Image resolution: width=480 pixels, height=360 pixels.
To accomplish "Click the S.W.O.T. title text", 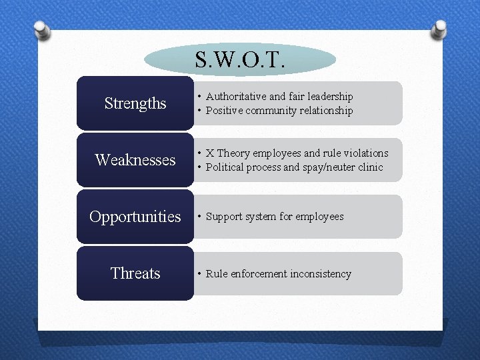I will point(240,61).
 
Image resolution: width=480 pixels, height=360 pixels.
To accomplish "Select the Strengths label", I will point(135,103).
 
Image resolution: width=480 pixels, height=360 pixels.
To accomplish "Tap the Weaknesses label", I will point(135,160).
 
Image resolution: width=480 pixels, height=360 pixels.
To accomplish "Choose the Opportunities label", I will point(135,217).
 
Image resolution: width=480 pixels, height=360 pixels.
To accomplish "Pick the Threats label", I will point(135,273).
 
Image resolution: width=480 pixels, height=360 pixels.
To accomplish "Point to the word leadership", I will point(328,97).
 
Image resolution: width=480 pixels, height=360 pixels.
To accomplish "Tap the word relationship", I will point(326,111).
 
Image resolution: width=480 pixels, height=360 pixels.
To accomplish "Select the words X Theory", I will point(228,153).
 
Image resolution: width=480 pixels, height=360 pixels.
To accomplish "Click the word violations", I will point(363,153).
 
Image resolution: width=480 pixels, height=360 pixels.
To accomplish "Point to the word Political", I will point(226,167).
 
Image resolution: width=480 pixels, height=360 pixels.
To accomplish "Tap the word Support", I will point(224,217).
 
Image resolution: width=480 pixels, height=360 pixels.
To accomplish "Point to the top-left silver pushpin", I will point(40,30).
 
